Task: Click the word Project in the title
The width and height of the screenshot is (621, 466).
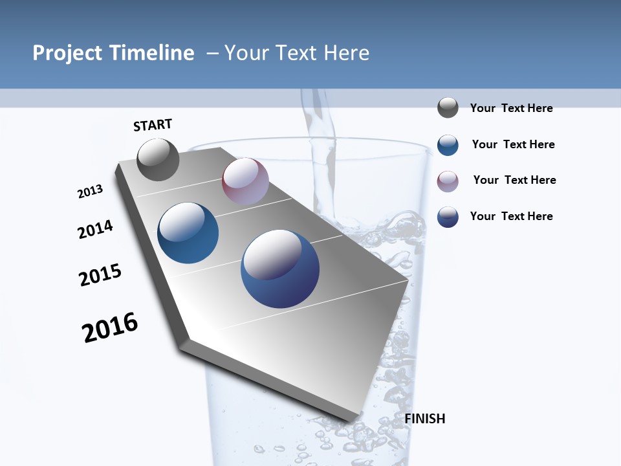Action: (66, 53)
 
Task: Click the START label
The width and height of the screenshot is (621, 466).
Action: (153, 125)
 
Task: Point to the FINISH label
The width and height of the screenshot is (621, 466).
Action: (424, 419)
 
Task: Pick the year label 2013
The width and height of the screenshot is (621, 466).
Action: (90, 191)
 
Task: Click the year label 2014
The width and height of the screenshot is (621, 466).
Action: (95, 229)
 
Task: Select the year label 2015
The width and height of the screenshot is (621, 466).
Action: (100, 275)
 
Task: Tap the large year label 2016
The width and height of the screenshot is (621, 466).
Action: (110, 327)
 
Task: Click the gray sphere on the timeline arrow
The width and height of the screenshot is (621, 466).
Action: (158, 160)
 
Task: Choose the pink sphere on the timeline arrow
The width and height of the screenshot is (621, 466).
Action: (245, 181)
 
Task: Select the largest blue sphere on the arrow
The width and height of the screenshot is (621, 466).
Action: (280, 269)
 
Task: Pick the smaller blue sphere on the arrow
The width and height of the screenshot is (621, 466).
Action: (188, 233)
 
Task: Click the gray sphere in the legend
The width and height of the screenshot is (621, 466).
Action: (448, 108)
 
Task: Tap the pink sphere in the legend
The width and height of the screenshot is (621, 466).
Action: (448, 181)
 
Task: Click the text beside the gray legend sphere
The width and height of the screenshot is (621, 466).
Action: (511, 108)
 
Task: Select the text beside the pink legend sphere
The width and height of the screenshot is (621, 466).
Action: (514, 180)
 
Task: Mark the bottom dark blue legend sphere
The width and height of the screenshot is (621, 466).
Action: (448, 217)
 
